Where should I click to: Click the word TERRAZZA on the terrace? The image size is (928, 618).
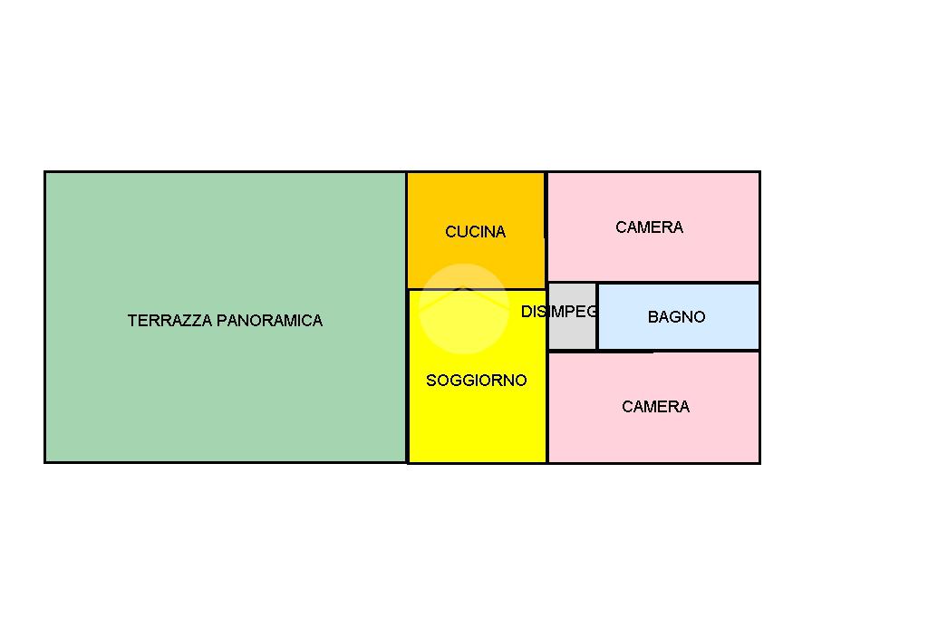tap(169, 320)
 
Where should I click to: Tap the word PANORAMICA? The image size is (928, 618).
tap(269, 320)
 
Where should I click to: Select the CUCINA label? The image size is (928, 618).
tap(475, 231)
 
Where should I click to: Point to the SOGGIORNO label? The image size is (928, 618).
tap(477, 380)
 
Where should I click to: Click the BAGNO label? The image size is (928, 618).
tap(676, 316)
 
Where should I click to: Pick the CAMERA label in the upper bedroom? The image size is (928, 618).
tap(649, 227)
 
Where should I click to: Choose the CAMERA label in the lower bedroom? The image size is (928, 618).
tap(655, 407)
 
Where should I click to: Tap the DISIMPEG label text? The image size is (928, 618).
tap(559, 312)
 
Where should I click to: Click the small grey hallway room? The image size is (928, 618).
tap(573, 331)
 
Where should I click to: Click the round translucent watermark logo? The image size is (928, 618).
tap(464, 308)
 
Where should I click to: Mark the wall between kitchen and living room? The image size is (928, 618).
tap(477, 289)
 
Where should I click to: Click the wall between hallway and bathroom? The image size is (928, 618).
tap(597, 316)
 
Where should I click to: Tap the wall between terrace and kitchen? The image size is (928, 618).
tap(407, 230)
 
